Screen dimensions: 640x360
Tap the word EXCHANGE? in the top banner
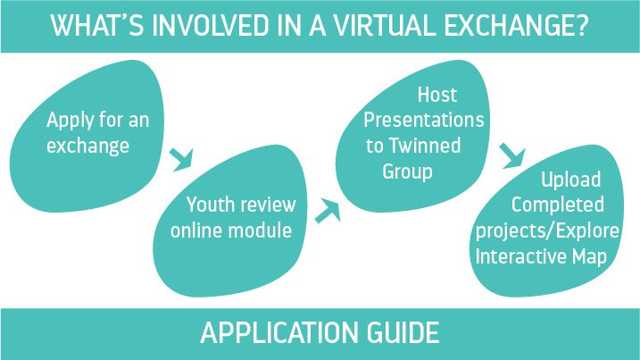(516, 25)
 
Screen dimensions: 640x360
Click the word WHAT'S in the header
(97, 25)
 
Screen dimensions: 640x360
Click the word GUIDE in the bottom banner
(403, 332)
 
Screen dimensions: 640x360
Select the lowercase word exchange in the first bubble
(87, 146)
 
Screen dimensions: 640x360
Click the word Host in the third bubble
(437, 95)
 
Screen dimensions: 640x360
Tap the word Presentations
(424, 120)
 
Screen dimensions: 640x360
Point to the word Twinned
(425, 146)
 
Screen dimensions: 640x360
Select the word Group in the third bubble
(407, 172)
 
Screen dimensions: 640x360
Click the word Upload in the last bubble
(571, 180)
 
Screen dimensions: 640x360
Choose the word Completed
(558, 205)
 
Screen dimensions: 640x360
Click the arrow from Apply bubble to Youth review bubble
(181, 159)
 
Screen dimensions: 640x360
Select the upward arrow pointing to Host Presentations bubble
(328, 211)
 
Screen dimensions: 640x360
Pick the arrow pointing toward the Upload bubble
(512, 155)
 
